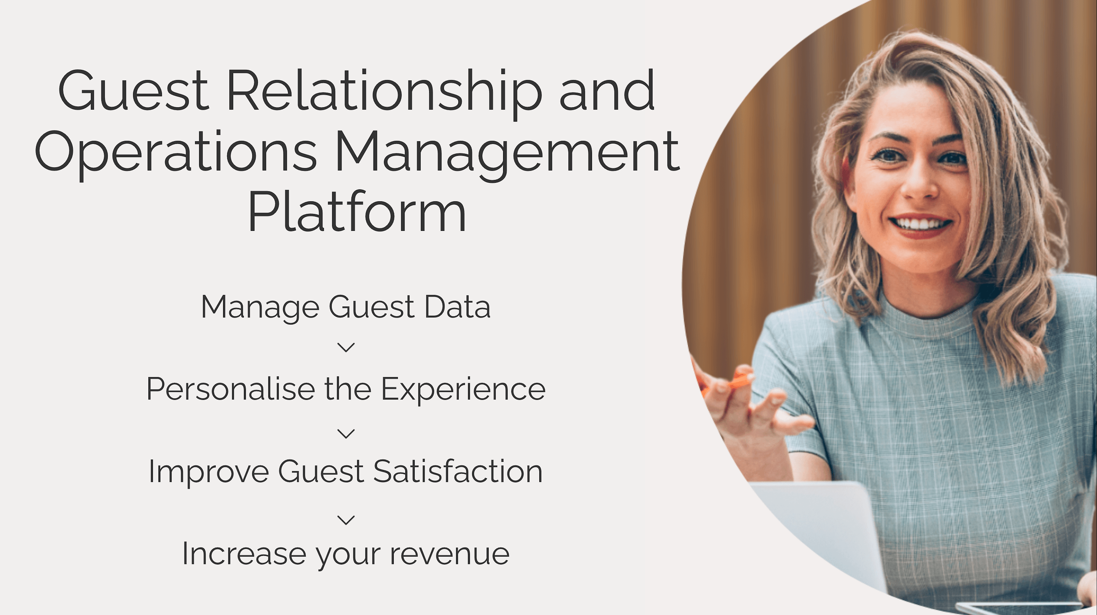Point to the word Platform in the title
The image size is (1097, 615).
pyautogui.click(x=357, y=211)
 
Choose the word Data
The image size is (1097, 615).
pyautogui.click(x=457, y=307)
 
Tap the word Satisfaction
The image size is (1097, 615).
pyautogui.click(x=458, y=472)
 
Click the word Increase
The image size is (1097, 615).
pyautogui.click(x=244, y=554)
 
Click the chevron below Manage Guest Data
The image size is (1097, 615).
pyautogui.click(x=346, y=348)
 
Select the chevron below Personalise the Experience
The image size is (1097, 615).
pyautogui.click(x=346, y=434)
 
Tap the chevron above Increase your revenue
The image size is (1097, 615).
pyautogui.click(x=346, y=520)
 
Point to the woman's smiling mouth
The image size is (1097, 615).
pyautogui.click(x=920, y=225)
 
